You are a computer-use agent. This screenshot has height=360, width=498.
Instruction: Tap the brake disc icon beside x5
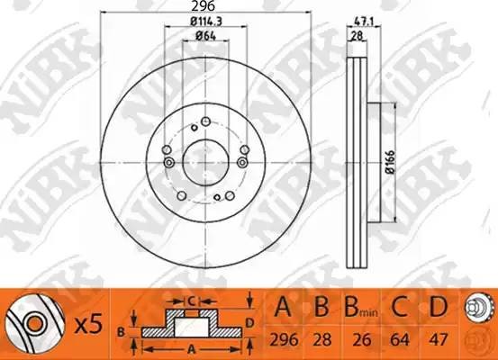28,321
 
